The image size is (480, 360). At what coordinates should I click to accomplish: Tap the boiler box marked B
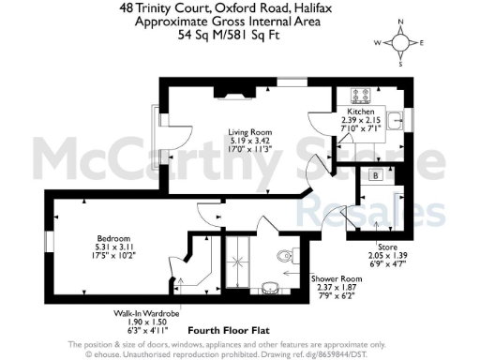pos(376,175)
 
